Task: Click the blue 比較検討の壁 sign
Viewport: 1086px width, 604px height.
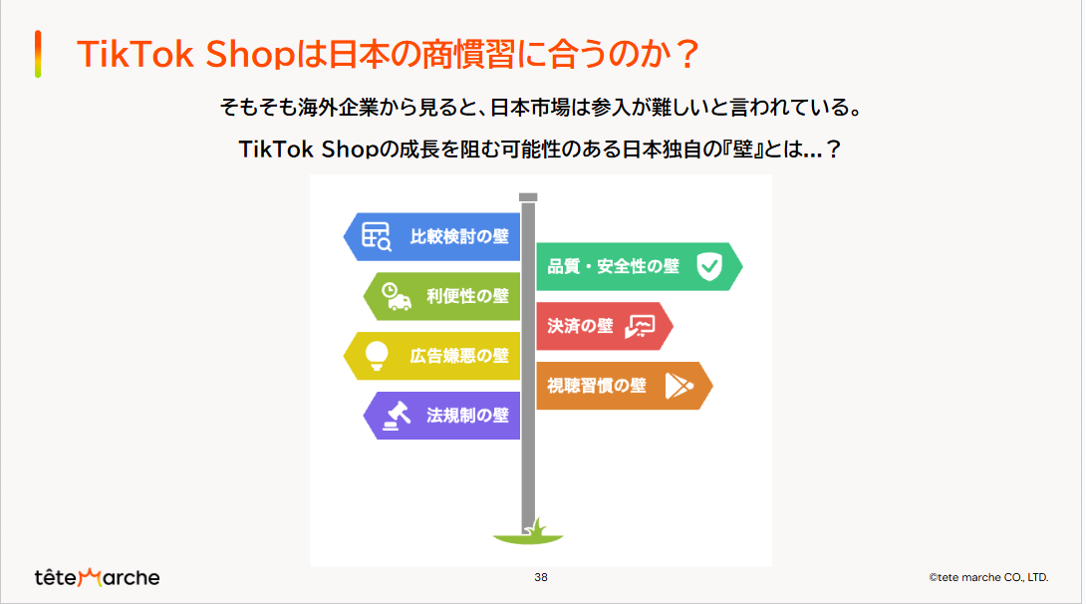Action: [432, 237]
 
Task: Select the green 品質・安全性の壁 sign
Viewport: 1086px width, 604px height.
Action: [640, 267]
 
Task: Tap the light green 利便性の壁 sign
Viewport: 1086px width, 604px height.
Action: [442, 296]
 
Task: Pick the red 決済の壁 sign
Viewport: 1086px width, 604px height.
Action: [605, 326]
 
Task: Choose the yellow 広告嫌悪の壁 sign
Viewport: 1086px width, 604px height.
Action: [432, 356]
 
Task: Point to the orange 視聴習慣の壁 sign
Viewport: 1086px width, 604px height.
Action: [625, 386]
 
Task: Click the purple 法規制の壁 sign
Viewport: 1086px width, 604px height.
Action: [442, 416]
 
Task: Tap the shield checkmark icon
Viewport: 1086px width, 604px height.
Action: [709, 267]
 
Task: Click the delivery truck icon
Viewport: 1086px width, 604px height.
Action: [397, 296]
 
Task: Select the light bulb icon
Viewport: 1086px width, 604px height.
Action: [376, 356]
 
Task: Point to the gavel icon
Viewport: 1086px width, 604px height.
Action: [397, 416]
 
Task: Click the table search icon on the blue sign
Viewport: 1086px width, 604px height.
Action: [377, 236]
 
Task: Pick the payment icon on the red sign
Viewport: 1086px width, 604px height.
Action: [640, 326]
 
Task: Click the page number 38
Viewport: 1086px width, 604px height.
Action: [541, 577]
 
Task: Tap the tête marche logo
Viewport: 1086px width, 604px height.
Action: [97, 577]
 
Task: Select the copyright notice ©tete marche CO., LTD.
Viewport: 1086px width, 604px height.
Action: [989, 577]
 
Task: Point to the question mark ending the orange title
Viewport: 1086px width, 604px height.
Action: [687, 54]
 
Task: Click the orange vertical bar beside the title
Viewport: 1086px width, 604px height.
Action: [38, 54]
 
